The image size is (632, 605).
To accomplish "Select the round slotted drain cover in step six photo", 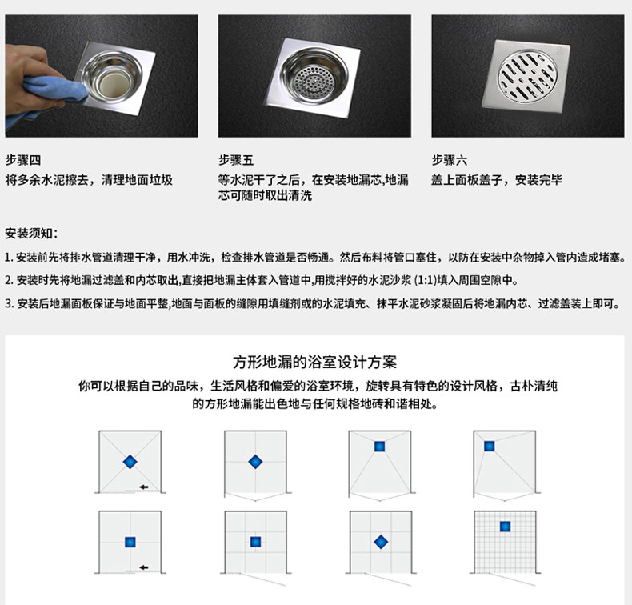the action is click(528, 76).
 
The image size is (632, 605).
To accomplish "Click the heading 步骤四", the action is click(23, 160).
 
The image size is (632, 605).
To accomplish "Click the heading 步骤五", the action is click(236, 160).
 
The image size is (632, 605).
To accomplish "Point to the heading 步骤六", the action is click(450, 160).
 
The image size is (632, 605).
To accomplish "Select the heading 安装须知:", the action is click(31, 233).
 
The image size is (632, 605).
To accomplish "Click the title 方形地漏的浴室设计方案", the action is click(314, 362).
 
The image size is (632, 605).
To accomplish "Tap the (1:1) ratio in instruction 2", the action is click(426, 280).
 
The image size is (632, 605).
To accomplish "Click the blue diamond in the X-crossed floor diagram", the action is click(130, 462).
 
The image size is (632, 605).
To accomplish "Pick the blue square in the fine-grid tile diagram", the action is click(505, 527).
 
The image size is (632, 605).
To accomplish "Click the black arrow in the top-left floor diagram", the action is click(143, 487).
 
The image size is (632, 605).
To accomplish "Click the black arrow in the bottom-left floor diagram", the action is click(143, 567).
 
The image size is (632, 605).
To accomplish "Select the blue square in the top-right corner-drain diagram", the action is click(490, 447).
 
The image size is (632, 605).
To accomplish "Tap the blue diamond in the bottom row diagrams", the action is click(381, 542).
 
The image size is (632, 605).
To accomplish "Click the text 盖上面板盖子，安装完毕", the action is click(497, 180).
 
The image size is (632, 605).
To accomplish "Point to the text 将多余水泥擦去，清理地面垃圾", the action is click(89, 180).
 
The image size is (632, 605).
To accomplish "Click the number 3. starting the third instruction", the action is click(10, 303).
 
